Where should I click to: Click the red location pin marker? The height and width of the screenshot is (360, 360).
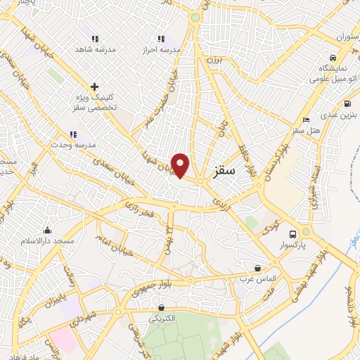click(x=181, y=165)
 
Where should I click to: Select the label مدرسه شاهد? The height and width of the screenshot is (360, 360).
click(x=96, y=50)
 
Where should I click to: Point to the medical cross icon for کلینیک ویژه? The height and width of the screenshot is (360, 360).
click(x=94, y=86)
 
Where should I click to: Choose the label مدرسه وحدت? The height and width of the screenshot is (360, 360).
click(x=73, y=146)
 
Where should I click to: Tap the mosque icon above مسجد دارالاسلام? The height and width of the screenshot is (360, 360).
click(x=48, y=230)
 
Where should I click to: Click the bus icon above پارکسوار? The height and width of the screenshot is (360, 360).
click(x=305, y=234)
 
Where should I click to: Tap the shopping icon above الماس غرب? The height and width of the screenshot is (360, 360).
click(x=258, y=268)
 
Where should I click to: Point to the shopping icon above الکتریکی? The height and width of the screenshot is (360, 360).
click(x=162, y=307)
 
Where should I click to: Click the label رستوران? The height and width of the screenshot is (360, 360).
click(x=347, y=35)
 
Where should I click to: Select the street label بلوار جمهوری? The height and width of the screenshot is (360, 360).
click(x=186, y=283)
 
